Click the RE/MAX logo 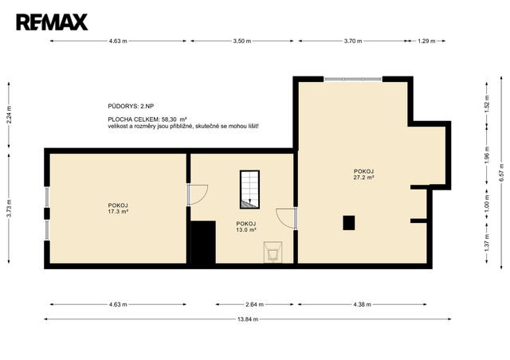tap(52, 22)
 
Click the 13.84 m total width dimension tap(248, 319)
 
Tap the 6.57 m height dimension tap(502, 173)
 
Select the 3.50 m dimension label tap(242, 41)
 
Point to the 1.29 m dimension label tap(426, 41)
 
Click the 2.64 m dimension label tap(255, 304)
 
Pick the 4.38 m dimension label tap(363, 304)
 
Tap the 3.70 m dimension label tap(353, 41)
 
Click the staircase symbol tap(249, 190)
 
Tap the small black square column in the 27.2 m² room tap(349, 223)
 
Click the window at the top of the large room tap(353, 79)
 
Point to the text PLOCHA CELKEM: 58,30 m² tap(147, 119)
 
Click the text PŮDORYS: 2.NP tap(131, 106)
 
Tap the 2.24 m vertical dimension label tap(9, 115)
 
